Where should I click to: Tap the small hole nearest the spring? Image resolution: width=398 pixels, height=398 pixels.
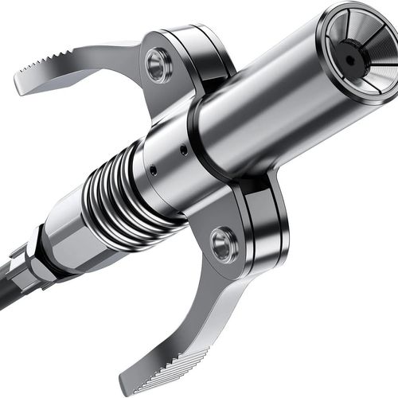151,169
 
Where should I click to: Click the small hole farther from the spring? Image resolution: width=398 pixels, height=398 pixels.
184,149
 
